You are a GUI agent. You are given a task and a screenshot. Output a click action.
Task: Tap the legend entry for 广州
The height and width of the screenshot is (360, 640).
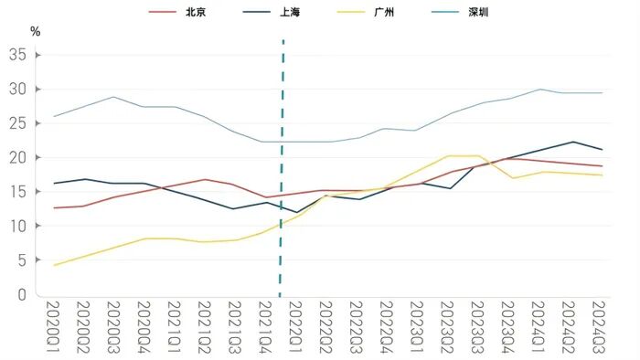coord(383,13)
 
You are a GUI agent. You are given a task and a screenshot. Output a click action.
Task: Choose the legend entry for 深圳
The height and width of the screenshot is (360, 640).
coord(477,13)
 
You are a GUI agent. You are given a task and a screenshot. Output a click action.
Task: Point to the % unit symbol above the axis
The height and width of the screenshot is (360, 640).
coord(36,31)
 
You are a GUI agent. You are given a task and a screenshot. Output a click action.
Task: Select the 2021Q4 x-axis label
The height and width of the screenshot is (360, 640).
coord(266,327)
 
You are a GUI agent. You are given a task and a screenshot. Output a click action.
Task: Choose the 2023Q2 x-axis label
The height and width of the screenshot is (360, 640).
coord(448,327)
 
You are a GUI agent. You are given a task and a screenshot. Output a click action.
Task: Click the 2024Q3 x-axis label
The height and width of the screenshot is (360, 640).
coord(600,327)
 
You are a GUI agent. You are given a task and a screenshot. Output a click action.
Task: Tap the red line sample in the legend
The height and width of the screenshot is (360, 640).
coord(162,13)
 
